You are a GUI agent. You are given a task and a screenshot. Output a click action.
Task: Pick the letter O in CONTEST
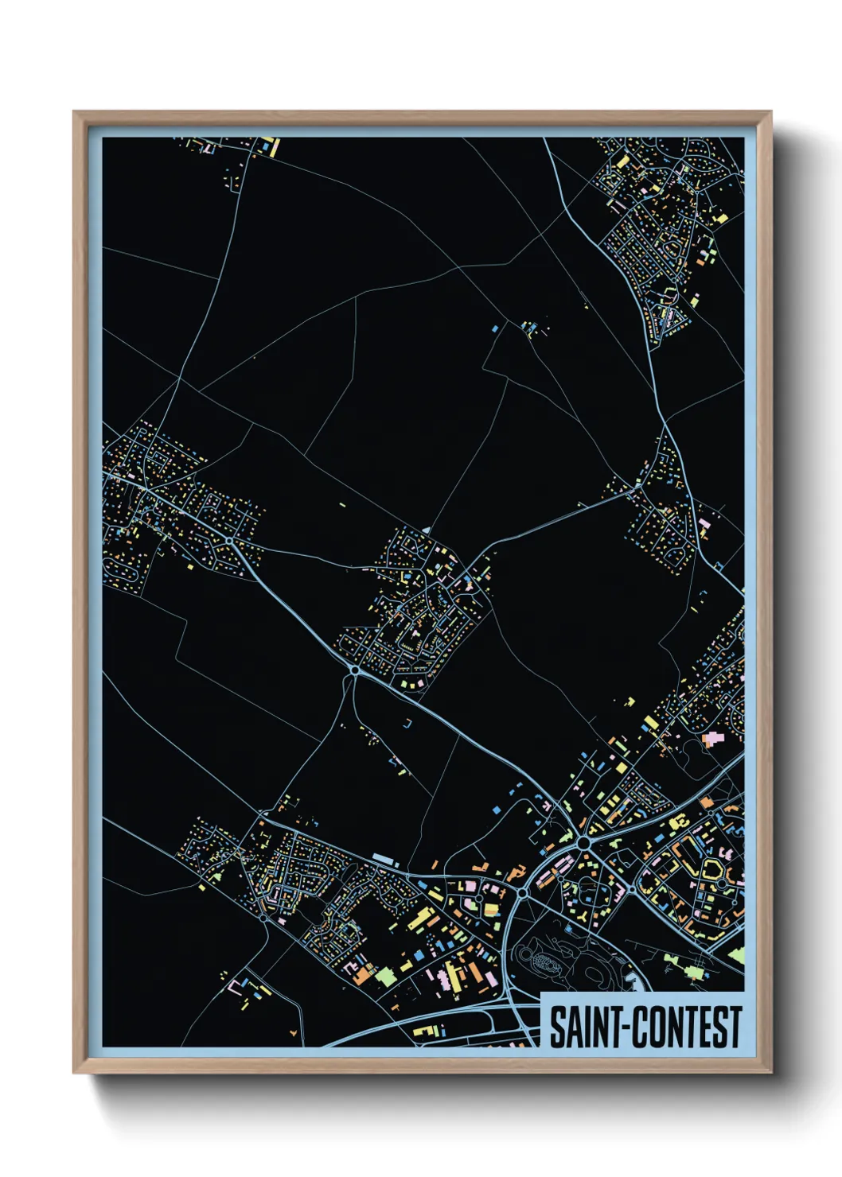[652, 1027]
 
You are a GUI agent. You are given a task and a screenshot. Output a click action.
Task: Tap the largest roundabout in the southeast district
[584, 842]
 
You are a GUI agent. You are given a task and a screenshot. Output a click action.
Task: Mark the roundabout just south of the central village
[354, 671]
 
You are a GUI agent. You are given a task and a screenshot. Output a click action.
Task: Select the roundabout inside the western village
[229, 541]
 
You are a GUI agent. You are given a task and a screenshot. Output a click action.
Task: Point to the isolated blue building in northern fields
[495, 327]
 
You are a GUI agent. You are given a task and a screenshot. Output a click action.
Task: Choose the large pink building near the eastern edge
[712, 739]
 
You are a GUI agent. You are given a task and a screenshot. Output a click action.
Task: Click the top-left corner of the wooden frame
[74, 112]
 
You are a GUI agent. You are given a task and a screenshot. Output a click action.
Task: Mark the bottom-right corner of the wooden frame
[770, 1072]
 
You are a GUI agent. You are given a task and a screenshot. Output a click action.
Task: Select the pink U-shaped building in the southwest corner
[236, 987]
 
